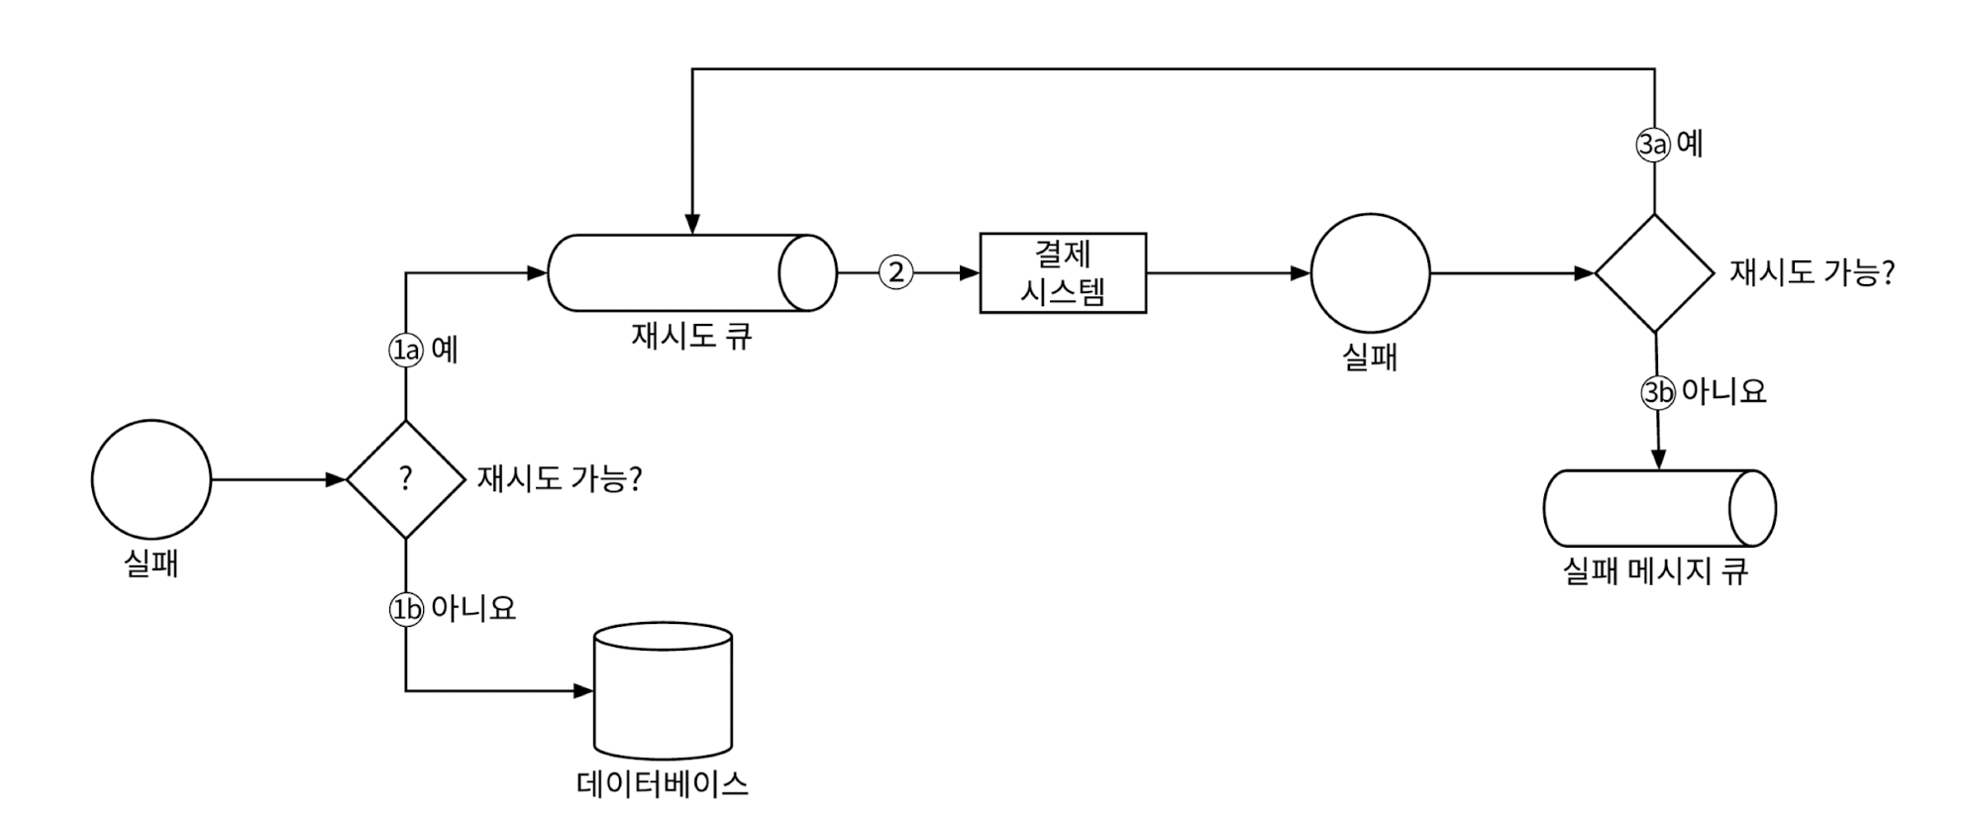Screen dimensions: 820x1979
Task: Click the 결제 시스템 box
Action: pyautogui.click(x=1063, y=273)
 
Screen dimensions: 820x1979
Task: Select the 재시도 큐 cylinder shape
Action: pyautogui.click(x=691, y=273)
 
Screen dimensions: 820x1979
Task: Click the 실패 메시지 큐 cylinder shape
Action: pyautogui.click(x=1659, y=508)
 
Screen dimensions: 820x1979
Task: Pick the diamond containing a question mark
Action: pyautogui.click(x=405, y=479)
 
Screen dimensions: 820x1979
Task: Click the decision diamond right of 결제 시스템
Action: pyautogui.click(x=1654, y=273)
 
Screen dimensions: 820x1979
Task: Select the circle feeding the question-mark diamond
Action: pyautogui.click(x=152, y=479)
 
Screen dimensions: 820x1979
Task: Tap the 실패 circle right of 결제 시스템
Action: pyautogui.click(x=1370, y=273)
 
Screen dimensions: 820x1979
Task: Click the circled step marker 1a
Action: pyautogui.click(x=405, y=350)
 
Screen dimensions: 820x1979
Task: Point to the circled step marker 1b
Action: pyautogui.click(x=405, y=609)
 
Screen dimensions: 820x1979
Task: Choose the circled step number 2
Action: pyautogui.click(x=896, y=272)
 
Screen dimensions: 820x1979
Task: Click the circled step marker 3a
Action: pyautogui.click(x=1652, y=145)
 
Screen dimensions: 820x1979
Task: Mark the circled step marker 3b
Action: pyautogui.click(x=1658, y=392)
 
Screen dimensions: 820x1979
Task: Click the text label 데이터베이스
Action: pyautogui.click(x=662, y=784)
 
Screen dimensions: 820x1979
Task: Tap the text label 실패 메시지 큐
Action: pyautogui.click(x=1655, y=571)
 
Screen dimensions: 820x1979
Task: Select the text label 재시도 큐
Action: pyautogui.click(x=691, y=337)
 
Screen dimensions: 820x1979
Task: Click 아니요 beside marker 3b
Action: pyautogui.click(x=1723, y=391)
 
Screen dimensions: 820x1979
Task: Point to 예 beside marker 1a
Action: pyautogui.click(x=445, y=350)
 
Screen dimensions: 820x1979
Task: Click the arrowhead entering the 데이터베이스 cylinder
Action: pyautogui.click(x=583, y=690)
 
